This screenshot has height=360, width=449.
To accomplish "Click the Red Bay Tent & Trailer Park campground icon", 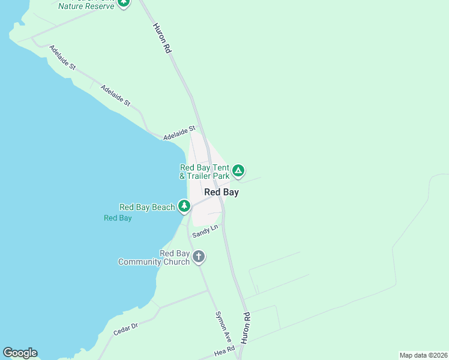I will point(238,172).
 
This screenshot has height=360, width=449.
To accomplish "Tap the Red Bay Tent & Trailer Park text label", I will point(205,172).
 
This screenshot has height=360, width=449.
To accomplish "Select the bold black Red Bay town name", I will point(221,193).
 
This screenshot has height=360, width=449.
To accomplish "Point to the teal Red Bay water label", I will point(118,218).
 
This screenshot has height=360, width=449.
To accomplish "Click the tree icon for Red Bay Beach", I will point(184,207).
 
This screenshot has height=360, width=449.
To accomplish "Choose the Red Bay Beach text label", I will point(147,208).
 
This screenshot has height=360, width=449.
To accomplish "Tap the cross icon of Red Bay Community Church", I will point(199,257).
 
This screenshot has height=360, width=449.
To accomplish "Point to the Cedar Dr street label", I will point(125,329).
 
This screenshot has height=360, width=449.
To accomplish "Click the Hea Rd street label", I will point(223,349).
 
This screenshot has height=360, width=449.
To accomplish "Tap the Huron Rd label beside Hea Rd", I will point(246,328).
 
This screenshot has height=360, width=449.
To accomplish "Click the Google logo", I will point(20,353).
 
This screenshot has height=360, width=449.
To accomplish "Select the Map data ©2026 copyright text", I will point(423,355).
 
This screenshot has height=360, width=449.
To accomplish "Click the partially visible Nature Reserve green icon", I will point(124,2).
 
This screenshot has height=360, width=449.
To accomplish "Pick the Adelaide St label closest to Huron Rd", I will point(179,133).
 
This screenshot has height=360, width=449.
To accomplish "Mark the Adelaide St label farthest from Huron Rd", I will point(62,57).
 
